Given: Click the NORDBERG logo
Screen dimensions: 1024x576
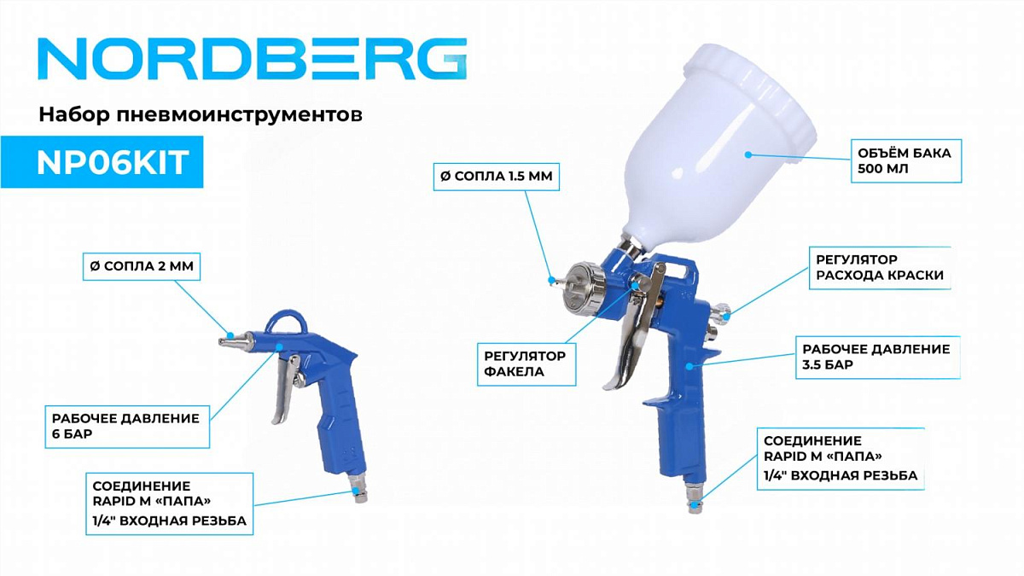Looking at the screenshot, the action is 253,59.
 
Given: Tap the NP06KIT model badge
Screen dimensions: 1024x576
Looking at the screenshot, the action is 102,162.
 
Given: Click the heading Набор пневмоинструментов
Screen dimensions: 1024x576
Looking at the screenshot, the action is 201,114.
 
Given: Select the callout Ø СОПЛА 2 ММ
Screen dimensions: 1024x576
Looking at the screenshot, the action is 142,266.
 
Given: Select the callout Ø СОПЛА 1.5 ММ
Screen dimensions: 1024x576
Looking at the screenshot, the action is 496,176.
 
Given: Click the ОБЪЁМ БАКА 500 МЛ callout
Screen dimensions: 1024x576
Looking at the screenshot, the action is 906,161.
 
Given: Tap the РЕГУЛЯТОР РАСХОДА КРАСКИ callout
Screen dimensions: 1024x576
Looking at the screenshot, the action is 880,267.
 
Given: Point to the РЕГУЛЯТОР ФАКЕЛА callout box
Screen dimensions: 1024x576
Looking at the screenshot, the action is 527,364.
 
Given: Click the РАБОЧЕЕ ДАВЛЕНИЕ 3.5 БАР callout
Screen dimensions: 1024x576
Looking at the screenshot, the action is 878,357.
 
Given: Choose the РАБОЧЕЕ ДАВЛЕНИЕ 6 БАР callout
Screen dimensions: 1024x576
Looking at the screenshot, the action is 127,427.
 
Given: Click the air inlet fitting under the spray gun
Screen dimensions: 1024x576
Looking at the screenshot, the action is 694,499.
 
